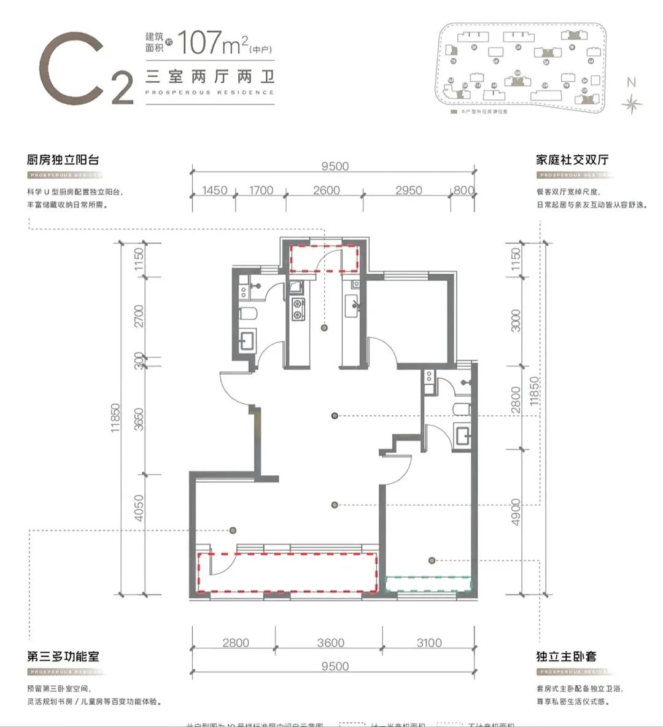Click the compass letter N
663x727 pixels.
coord(631,82)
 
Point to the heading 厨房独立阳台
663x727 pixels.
coord(63,160)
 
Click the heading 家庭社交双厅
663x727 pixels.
coord(572,160)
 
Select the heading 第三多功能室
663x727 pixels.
coord(63,656)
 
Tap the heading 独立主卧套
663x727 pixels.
coord(566,656)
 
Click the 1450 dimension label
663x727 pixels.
coord(214,190)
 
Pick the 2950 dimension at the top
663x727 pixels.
coord(408,190)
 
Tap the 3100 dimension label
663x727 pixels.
coord(428,643)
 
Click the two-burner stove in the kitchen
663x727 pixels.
coord(298,309)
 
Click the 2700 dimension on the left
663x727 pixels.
coord(139,316)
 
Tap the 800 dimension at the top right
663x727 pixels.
coord(463,190)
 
